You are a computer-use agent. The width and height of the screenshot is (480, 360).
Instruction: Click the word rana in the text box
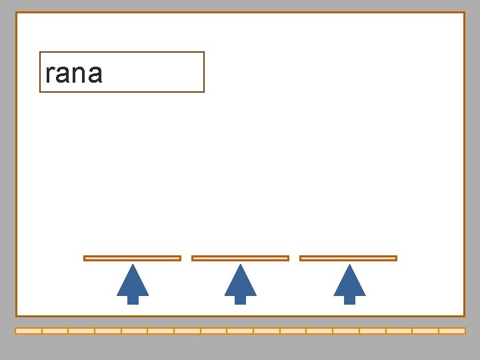pyautogui.click(x=74, y=73)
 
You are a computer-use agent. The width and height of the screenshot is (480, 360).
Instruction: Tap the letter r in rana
pyautogui.click(x=49, y=74)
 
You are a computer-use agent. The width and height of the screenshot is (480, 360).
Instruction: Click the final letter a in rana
pyautogui.click(x=94, y=74)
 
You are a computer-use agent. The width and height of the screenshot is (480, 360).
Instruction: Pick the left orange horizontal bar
pyautogui.click(x=132, y=258)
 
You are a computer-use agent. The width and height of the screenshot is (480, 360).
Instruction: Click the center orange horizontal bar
pyautogui.click(x=240, y=258)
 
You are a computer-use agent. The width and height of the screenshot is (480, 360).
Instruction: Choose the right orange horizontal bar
pyautogui.click(x=348, y=258)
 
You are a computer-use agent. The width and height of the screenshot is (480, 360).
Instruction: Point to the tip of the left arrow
pyautogui.click(x=133, y=265)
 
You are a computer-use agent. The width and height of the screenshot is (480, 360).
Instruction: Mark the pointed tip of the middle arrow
pyautogui.click(x=241, y=265)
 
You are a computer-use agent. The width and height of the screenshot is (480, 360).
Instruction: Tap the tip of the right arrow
pyautogui.click(x=349, y=265)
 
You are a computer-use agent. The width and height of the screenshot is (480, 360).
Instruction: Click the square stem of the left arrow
pyautogui.click(x=133, y=299)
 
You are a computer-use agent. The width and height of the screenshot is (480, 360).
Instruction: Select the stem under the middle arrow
pyautogui.click(x=240, y=299)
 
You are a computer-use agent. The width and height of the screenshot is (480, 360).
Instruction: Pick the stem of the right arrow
pyautogui.click(x=349, y=299)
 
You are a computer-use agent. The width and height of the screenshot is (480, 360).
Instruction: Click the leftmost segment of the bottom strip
pyautogui.click(x=29, y=331)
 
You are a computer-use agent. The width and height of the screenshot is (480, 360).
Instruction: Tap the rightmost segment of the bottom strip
pyautogui.click(x=452, y=331)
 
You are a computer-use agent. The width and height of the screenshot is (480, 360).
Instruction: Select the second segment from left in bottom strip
pyautogui.click(x=55, y=331)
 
